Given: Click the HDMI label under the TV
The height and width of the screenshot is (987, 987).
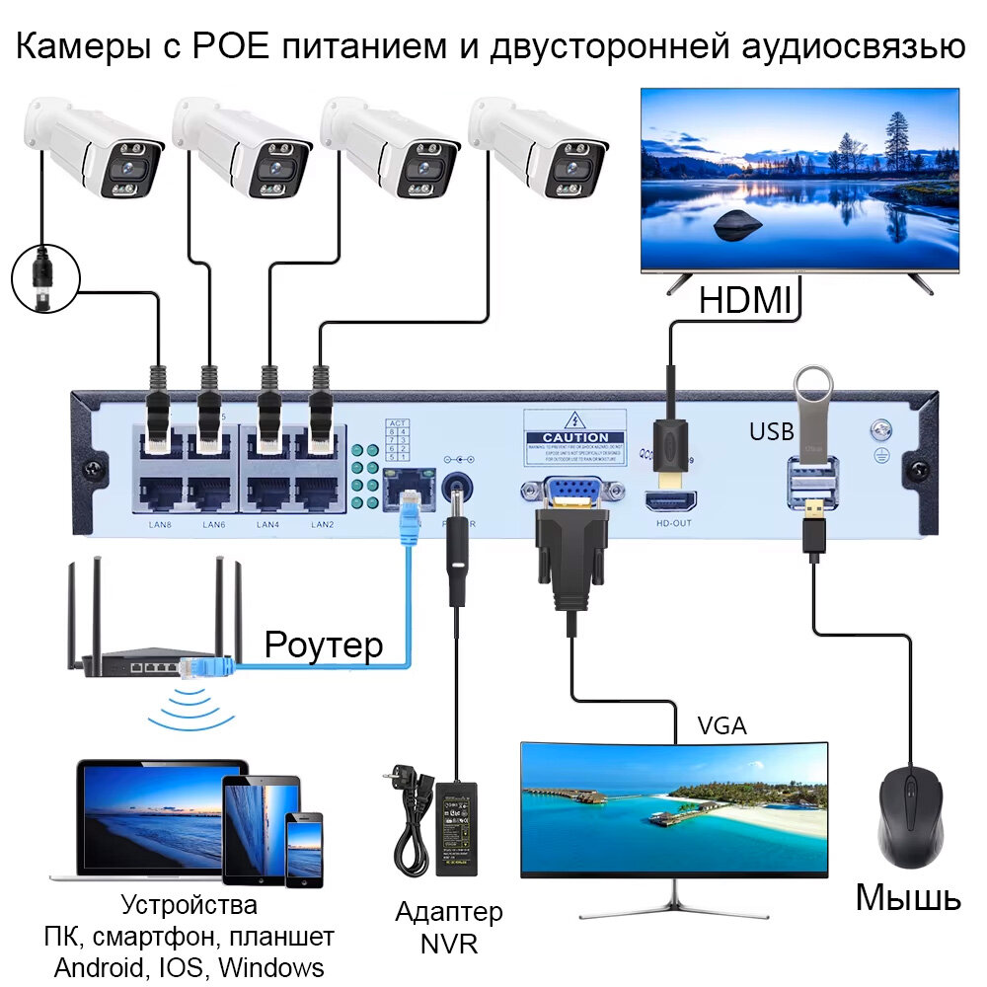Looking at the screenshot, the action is pos(745,299).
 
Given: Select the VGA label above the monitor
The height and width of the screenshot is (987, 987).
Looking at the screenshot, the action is pos(721,726).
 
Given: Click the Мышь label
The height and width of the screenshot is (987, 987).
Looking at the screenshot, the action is pos(907,897).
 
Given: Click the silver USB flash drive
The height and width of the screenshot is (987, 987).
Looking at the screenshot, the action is pos(814,415).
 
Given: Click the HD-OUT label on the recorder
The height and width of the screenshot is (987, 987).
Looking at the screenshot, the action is pos(673,523).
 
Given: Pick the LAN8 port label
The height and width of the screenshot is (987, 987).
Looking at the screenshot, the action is pos(159,524).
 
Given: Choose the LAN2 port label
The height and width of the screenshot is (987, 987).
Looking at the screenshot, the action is pos(322,524).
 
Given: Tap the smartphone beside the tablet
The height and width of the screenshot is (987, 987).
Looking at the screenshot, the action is pos(304,848).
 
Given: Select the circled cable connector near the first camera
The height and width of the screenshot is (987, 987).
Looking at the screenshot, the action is pos(43,279).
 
